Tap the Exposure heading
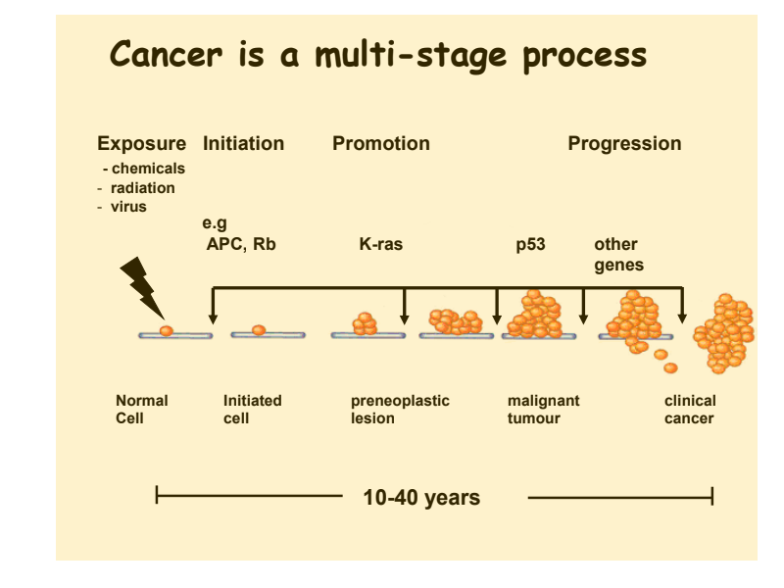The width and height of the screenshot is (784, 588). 141,143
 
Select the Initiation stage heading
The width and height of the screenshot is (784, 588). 243,143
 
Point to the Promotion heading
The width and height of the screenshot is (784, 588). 381,143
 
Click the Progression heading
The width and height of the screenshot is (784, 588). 624,143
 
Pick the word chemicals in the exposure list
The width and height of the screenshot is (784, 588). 149,169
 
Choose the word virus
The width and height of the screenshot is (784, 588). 129,207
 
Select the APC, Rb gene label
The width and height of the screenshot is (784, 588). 240,244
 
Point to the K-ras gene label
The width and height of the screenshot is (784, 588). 380,244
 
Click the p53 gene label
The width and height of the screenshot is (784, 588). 530,244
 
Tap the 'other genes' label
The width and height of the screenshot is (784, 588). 618,255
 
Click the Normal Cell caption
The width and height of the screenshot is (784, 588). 141,409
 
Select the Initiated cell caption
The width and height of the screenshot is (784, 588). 252,409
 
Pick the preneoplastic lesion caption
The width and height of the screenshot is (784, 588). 400,409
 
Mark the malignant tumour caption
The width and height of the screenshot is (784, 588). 543,409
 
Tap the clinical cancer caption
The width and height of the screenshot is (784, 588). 690,409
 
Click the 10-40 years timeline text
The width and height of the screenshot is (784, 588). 421,498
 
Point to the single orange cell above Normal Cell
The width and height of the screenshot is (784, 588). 166,330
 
